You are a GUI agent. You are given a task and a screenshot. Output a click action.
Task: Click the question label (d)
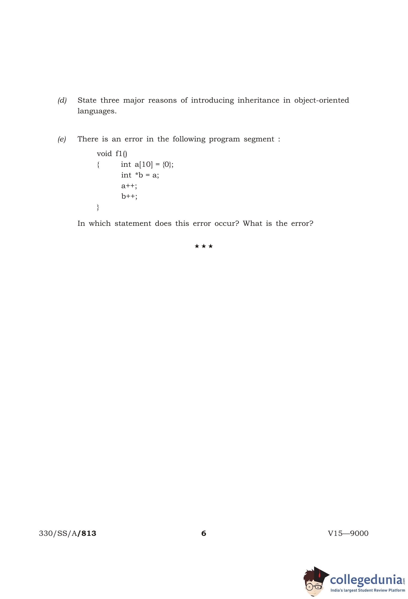[62, 100]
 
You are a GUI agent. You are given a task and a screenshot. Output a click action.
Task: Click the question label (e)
[62, 139]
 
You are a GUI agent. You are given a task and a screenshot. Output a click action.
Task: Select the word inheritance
[258, 100]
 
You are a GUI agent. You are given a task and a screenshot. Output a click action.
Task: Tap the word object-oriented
[321, 100]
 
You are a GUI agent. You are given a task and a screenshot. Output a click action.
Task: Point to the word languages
[97, 111]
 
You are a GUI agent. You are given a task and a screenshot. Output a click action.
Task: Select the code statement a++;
[129, 186]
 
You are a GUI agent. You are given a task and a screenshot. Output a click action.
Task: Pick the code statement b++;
[129, 196]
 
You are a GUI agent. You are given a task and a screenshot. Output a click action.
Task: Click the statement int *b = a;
[140, 175]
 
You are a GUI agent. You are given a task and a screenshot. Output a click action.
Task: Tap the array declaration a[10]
[144, 164]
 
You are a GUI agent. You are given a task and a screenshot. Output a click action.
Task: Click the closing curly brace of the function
[98, 207]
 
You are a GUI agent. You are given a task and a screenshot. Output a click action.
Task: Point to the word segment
[259, 139]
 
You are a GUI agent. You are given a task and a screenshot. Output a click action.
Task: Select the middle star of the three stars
[204, 246]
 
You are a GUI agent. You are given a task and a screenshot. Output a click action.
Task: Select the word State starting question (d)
[87, 100]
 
